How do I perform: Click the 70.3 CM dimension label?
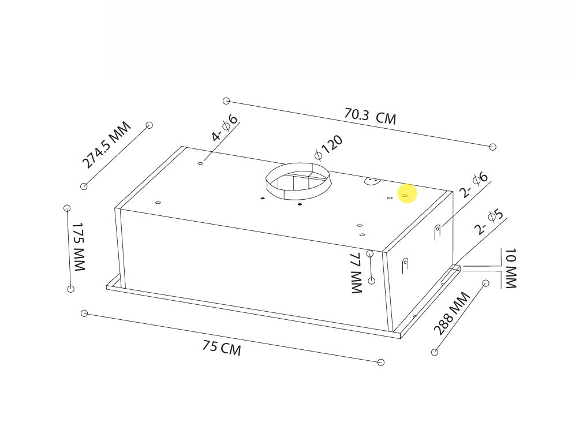pyautogui.click(x=371, y=117)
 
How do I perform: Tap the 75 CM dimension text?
pyautogui.click(x=222, y=348)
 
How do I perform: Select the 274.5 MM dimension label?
pyautogui.click(x=106, y=145)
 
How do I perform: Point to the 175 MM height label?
pyautogui.click(x=79, y=247)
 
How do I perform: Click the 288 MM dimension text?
pyautogui.click(x=452, y=313)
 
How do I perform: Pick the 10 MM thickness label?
pyautogui.click(x=510, y=268)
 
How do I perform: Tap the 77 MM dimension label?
pyautogui.click(x=357, y=273)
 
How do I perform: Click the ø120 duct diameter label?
pyautogui.click(x=328, y=148)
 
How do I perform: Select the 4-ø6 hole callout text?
pyautogui.click(x=225, y=128)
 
